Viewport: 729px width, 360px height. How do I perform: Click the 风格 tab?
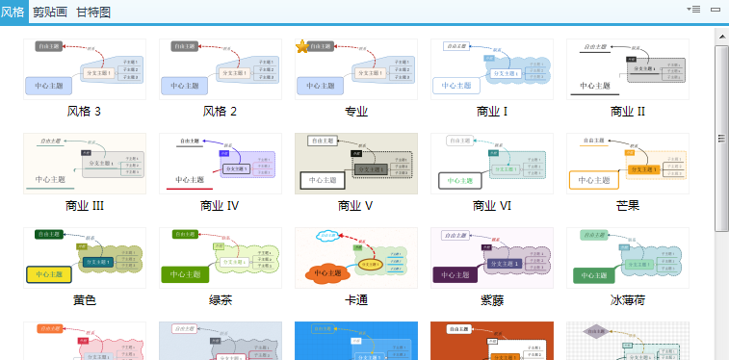click(13, 13)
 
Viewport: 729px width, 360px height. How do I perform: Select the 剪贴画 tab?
click(49, 13)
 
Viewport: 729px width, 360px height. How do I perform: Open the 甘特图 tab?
click(92, 13)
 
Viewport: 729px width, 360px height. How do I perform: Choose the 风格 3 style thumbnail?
click(85, 69)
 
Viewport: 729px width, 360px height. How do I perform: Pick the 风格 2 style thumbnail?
click(221, 69)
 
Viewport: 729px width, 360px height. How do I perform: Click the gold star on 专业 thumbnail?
click(302, 47)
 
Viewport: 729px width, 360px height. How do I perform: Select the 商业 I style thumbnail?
click(492, 69)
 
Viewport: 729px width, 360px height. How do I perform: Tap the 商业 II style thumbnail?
click(628, 69)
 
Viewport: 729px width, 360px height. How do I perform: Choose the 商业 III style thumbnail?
click(85, 164)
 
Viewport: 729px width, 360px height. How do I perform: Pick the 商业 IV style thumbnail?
click(221, 164)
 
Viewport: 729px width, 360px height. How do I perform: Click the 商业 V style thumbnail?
click(356, 164)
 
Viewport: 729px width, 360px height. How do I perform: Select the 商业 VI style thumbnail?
click(492, 164)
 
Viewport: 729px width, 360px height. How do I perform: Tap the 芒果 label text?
click(628, 206)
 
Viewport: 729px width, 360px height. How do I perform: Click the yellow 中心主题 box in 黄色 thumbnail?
click(49, 274)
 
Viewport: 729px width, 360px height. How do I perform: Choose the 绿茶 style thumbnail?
click(221, 258)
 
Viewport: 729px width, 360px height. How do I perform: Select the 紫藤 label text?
click(492, 300)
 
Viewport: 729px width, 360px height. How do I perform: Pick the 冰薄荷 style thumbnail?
click(628, 258)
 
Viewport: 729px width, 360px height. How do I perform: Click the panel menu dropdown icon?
click(692, 9)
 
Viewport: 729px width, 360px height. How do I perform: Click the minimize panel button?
click(716, 9)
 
